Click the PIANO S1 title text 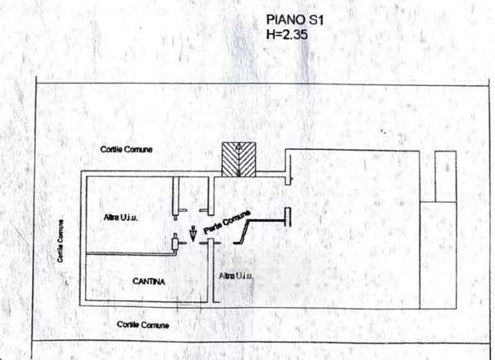tap(296, 20)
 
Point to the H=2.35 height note tap(286, 34)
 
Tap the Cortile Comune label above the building tap(127, 149)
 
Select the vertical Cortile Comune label tap(60, 241)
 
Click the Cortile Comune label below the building tap(143, 324)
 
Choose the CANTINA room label tap(149, 281)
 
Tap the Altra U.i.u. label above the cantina tap(121, 218)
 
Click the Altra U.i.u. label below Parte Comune tap(236, 276)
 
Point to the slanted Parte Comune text tap(227, 222)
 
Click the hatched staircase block tap(238, 160)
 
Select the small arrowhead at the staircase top tap(239, 146)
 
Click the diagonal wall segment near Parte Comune tap(244, 232)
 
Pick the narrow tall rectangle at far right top tap(445, 176)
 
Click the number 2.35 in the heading tap(295, 34)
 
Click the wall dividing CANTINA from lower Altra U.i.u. tap(210, 271)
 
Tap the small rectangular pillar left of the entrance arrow tap(175, 243)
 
